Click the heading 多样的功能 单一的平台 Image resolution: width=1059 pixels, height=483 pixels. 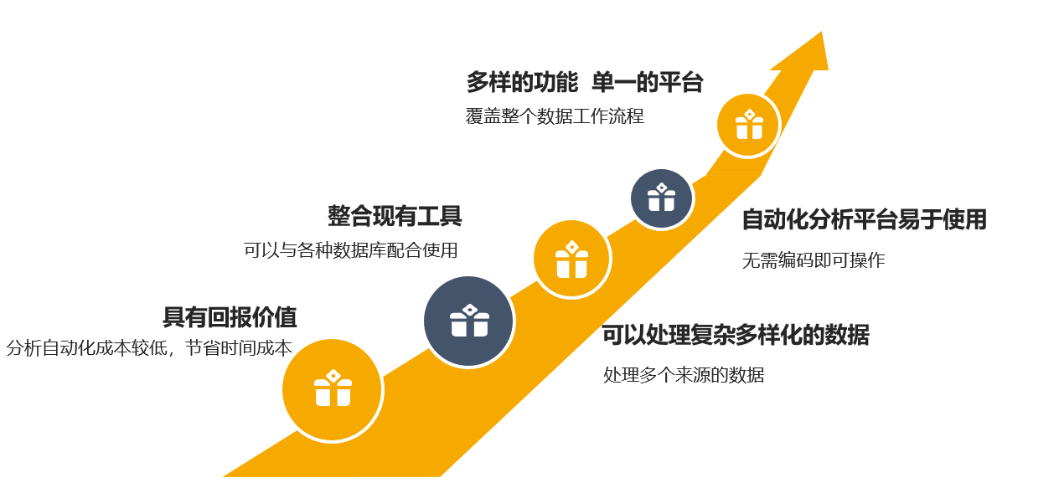coord(584,82)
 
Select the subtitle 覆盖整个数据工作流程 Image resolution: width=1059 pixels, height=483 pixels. coord(555,116)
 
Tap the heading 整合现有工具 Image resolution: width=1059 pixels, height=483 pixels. coord(395,216)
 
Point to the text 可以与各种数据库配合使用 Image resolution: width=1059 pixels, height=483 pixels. coord(351,250)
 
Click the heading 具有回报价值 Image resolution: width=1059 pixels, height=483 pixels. coord(230,317)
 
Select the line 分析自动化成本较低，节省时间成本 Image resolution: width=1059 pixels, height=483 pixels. coord(149,348)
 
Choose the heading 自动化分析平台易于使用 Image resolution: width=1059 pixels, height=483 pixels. coord(864,220)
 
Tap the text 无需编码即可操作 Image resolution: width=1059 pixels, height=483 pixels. coord(813,260)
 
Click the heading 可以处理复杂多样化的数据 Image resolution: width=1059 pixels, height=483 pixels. coord(736,335)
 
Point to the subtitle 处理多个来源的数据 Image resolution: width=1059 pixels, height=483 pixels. coord(684,375)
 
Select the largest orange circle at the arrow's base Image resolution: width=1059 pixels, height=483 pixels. coord(332,389)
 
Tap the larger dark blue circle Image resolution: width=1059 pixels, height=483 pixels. coord(468,321)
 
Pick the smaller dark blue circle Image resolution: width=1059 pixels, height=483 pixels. coord(661,198)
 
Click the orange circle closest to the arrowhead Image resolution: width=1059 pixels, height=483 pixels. coord(748,126)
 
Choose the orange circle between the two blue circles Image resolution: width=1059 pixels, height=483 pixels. coord(571,259)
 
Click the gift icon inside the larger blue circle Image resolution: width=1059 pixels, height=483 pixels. coord(469,321)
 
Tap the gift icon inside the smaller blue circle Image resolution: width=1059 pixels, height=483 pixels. coord(661,198)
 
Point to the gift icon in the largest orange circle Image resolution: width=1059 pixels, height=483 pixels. coord(333,388)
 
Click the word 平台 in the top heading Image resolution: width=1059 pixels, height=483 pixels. coord(680,82)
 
